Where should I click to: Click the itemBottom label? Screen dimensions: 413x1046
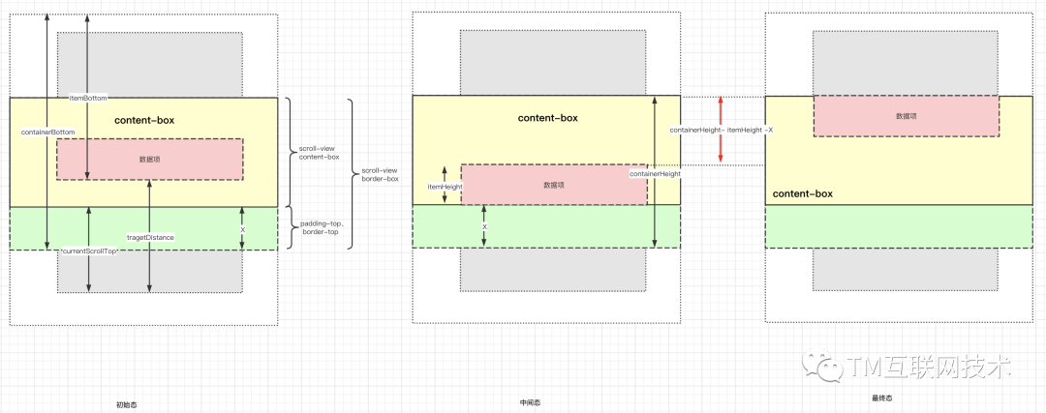click(x=88, y=98)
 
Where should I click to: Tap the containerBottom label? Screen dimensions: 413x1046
click(x=47, y=132)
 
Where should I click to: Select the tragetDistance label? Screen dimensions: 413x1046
click(x=150, y=237)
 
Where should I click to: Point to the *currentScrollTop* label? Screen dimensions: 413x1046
click(x=88, y=251)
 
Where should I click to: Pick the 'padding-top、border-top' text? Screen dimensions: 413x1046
click(x=320, y=228)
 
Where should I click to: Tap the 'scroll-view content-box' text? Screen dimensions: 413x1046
click(x=320, y=153)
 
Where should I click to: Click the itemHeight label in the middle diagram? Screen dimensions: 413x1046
click(x=445, y=187)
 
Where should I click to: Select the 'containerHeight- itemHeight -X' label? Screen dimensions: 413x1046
click(x=721, y=130)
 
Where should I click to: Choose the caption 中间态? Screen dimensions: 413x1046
click(x=530, y=402)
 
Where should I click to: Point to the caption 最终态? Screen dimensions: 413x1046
click(x=881, y=397)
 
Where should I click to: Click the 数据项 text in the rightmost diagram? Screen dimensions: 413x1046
click(x=906, y=116)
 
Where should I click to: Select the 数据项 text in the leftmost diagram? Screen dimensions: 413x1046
click(x=150, y=159)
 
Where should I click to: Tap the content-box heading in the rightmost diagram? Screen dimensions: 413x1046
click(x=802, y=193)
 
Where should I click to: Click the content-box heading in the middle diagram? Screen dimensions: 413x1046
click(x=547, y=118)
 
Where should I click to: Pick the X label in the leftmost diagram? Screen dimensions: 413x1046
click(x=242, y=229)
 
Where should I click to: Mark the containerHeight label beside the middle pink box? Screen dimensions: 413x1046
click(x=656, y=174)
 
